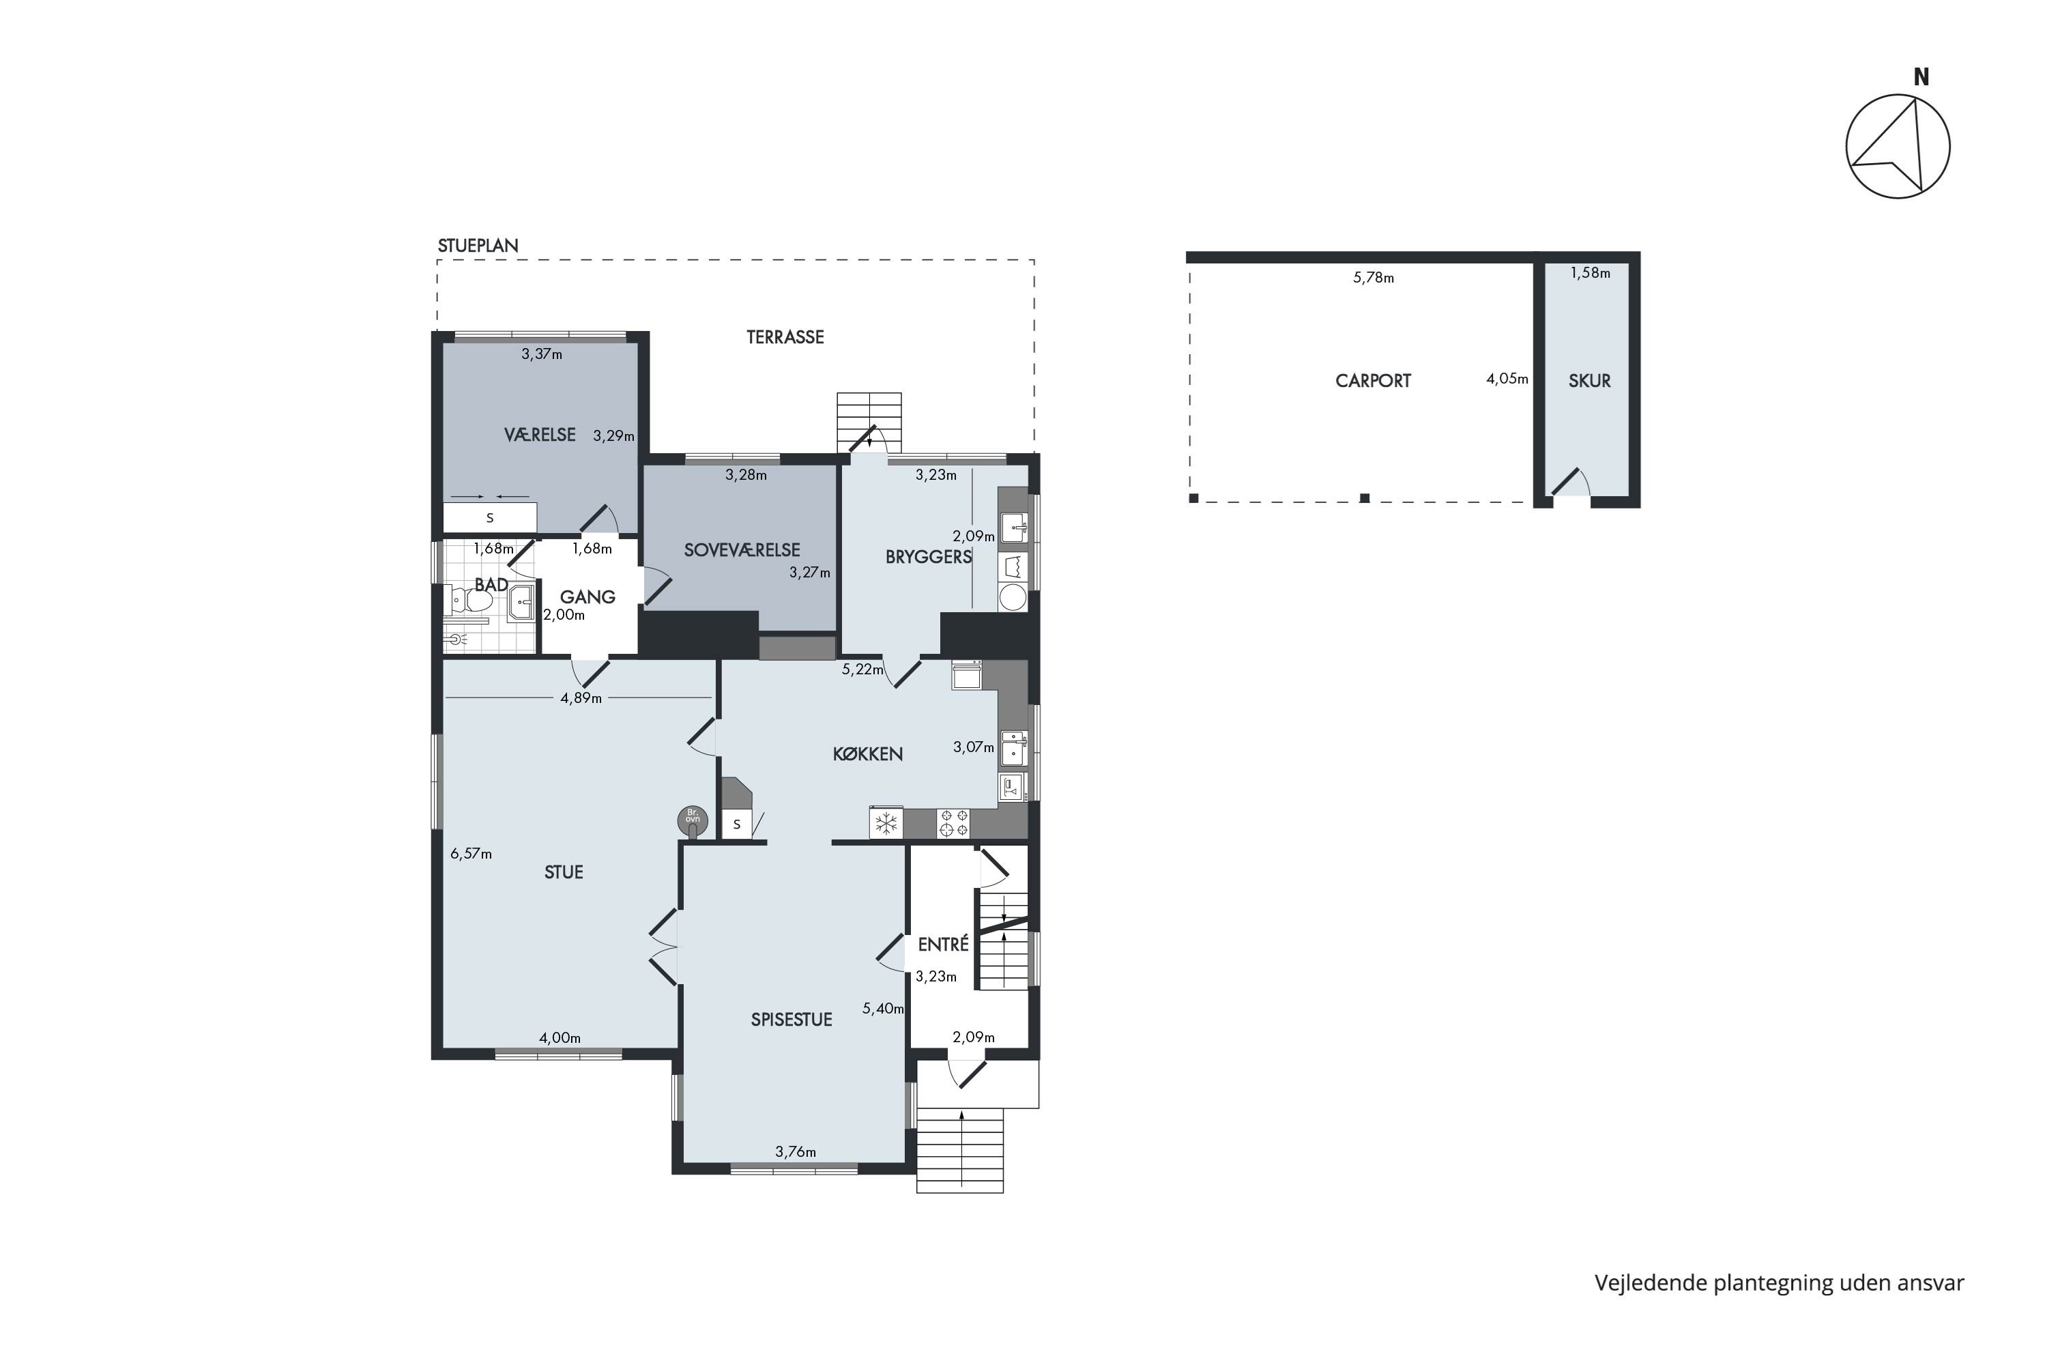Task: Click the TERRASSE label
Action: click(785, 337)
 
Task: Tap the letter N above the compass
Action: click(1921, 78)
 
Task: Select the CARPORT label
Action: click(1372, 380)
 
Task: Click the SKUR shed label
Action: click(1589, 380)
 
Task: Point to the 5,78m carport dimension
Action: click(1374, 278)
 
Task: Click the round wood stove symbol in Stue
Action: click(693, 820)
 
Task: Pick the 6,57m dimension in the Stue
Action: click(471, 854)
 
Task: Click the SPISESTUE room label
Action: click(791, 1020)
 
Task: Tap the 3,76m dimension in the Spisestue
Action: click(796, 1152)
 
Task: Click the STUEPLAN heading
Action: click(478, 246)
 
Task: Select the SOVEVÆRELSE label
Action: click(742, 550)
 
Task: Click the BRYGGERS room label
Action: click(928, 556)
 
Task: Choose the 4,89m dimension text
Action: click(581, 698)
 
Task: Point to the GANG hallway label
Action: click(587, 597)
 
